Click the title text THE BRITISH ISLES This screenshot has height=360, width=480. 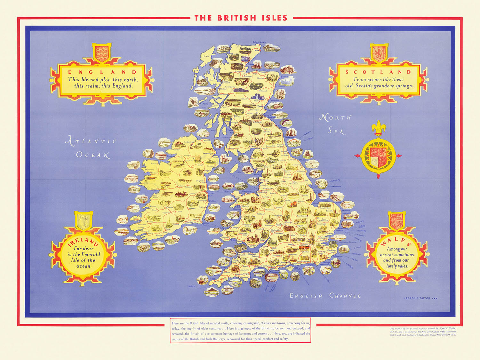pos(241,18)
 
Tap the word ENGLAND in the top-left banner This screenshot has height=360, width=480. pos(102,72)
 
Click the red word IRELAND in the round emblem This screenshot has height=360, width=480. pos(83,241)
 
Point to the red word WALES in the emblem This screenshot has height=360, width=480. pos(396,242)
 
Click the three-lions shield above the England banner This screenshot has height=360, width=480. pos(101,52)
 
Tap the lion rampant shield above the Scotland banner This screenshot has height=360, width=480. pos(379,53)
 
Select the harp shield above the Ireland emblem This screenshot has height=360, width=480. pos(84,220)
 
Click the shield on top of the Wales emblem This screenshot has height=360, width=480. pos(396,220)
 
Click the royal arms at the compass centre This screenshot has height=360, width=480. pos(379,156)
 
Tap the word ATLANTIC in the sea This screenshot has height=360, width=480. pos(91,141)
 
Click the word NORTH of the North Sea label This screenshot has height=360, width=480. pos(335,118)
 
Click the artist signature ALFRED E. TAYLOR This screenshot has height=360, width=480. pos(417,298)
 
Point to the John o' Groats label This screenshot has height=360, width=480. pos(259,42)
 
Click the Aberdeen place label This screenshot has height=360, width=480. pos(280,87)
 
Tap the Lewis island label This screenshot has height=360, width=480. pos(206,56)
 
